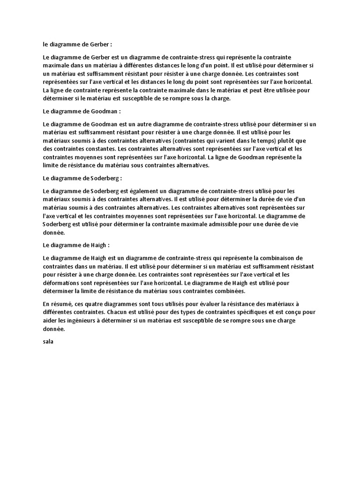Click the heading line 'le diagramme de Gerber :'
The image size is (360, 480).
[77, 45]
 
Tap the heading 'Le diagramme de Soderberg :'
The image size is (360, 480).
[82, 179]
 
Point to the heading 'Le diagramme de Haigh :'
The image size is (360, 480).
[76, 245]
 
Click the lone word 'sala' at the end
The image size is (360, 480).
[48, 341]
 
